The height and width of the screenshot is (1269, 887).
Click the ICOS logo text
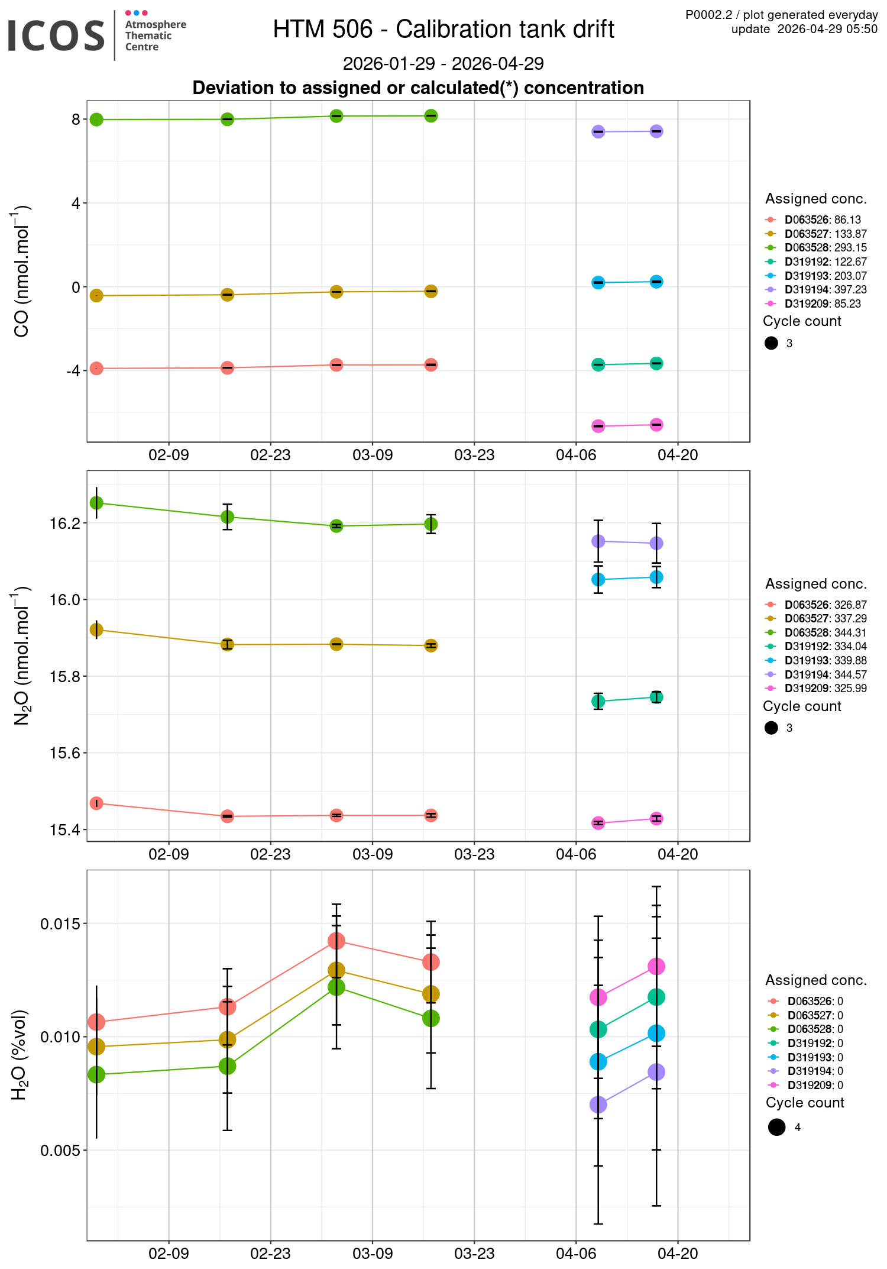56,35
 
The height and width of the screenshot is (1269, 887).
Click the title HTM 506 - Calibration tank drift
444,30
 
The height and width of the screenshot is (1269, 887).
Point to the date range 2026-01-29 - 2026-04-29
444,63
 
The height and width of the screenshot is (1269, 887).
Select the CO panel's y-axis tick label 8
76,120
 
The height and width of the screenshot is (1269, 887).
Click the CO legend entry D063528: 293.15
826,248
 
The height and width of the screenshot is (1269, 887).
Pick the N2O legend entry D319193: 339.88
826,661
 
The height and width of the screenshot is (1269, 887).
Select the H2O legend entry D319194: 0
815,1071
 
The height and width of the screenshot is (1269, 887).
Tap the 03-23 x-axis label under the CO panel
474,456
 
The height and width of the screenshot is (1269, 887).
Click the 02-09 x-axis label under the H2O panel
169,1254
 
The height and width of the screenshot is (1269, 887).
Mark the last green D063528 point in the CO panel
431,116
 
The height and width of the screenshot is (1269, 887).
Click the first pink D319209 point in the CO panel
598,426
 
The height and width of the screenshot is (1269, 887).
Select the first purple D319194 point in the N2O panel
598,541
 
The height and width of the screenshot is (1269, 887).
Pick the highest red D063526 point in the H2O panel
336,941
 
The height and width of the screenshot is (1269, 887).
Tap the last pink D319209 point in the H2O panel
656,967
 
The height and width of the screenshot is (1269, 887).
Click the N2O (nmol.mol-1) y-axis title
21,656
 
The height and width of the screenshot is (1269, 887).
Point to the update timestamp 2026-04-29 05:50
804,30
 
